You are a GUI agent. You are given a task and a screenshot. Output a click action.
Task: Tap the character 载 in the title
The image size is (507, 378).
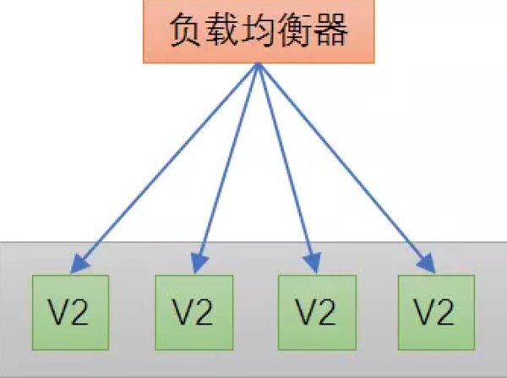(222, 30)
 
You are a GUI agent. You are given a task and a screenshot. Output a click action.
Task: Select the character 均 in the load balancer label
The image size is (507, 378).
(259, 30)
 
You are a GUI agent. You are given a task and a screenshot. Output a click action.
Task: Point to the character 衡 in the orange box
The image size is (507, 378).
(294, 30)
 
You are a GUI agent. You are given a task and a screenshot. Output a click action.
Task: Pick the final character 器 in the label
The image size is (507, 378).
(330, 30)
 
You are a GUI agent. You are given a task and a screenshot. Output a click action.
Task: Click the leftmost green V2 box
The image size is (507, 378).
(70, 313)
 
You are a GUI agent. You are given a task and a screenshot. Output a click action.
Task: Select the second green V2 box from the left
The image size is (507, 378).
(194, 313)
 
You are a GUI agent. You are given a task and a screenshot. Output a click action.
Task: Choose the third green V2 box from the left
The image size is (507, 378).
(317, 313)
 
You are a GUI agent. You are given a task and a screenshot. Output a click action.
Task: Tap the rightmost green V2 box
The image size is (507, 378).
(437, 313)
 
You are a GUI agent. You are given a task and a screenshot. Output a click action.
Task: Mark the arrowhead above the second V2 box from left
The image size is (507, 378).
(199, 262)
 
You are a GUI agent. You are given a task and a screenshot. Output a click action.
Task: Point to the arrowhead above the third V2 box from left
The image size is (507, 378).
(313, 262)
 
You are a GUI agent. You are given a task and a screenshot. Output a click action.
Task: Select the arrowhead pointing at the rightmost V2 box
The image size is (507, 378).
(428, 264)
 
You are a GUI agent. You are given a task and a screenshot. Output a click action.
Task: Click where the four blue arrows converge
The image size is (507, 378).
(258, 65)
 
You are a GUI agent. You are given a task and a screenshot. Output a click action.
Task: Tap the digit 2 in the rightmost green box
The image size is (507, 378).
(445, 312)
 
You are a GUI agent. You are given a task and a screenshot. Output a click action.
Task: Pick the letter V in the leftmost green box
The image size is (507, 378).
(59, 312)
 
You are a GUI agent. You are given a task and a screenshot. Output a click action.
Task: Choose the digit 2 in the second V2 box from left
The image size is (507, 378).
(203, 312)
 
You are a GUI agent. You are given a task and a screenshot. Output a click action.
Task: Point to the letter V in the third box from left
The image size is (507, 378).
(307, 312)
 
